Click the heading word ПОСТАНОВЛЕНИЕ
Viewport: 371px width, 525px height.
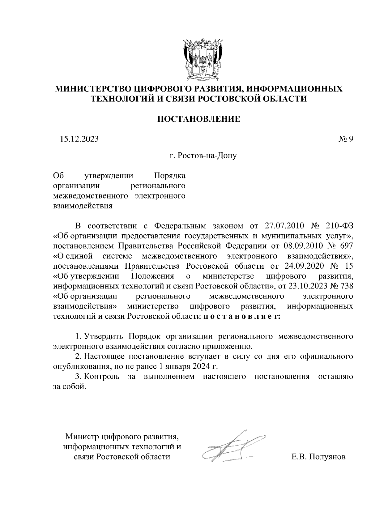(199, 119)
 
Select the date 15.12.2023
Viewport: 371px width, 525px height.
(79, 139)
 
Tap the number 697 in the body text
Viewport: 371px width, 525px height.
(346, 246)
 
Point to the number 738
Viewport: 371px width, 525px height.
(346, 286)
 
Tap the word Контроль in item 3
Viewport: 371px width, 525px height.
(102, 377)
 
